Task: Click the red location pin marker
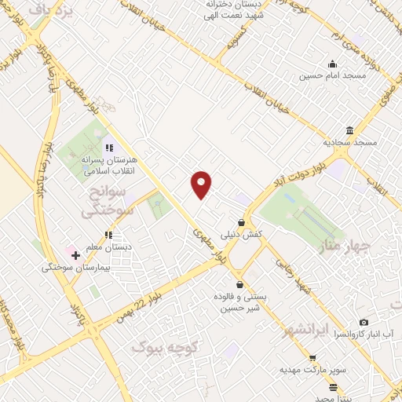(202, 184)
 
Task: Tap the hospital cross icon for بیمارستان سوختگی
(75, 256)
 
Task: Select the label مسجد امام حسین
(332, 77)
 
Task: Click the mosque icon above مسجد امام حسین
(332, 64)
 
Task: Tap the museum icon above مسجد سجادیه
(349, 130)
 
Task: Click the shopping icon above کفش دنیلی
(241, 223)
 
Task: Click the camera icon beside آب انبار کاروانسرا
(364, 322)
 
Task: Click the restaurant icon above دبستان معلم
(109, 234)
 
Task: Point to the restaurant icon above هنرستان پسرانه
(109, 147)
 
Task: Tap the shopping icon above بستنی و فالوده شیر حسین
(239, 284)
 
